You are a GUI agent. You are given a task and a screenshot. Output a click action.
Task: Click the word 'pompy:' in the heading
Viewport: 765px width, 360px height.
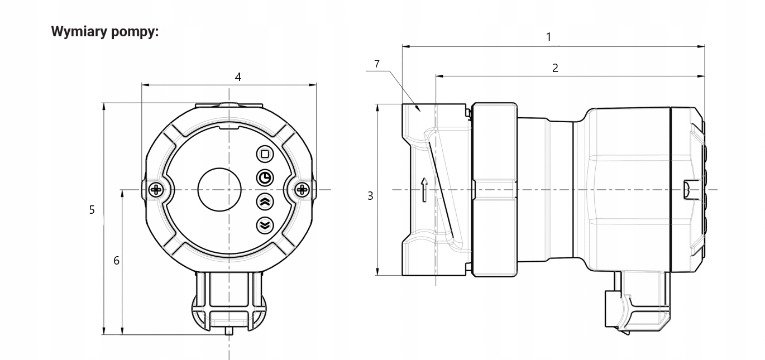(135, 32)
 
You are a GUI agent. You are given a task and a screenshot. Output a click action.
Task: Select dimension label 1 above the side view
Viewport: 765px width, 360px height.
(549, 37)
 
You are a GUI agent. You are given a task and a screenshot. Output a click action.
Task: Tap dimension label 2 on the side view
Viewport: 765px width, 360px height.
(555, 68)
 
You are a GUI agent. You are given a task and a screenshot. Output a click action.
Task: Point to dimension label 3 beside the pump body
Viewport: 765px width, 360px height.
(370, 196)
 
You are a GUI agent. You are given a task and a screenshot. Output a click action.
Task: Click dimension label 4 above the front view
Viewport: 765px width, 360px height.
(238, 77)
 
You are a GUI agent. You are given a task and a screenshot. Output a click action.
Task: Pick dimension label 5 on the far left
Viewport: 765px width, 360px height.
(92, 210)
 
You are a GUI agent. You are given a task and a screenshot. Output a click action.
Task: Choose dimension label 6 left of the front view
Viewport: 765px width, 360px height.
(117, 261)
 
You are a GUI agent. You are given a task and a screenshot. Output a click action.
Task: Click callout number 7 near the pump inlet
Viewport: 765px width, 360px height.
(377, 64)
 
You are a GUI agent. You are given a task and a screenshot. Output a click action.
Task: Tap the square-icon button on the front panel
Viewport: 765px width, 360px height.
(265, 154)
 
